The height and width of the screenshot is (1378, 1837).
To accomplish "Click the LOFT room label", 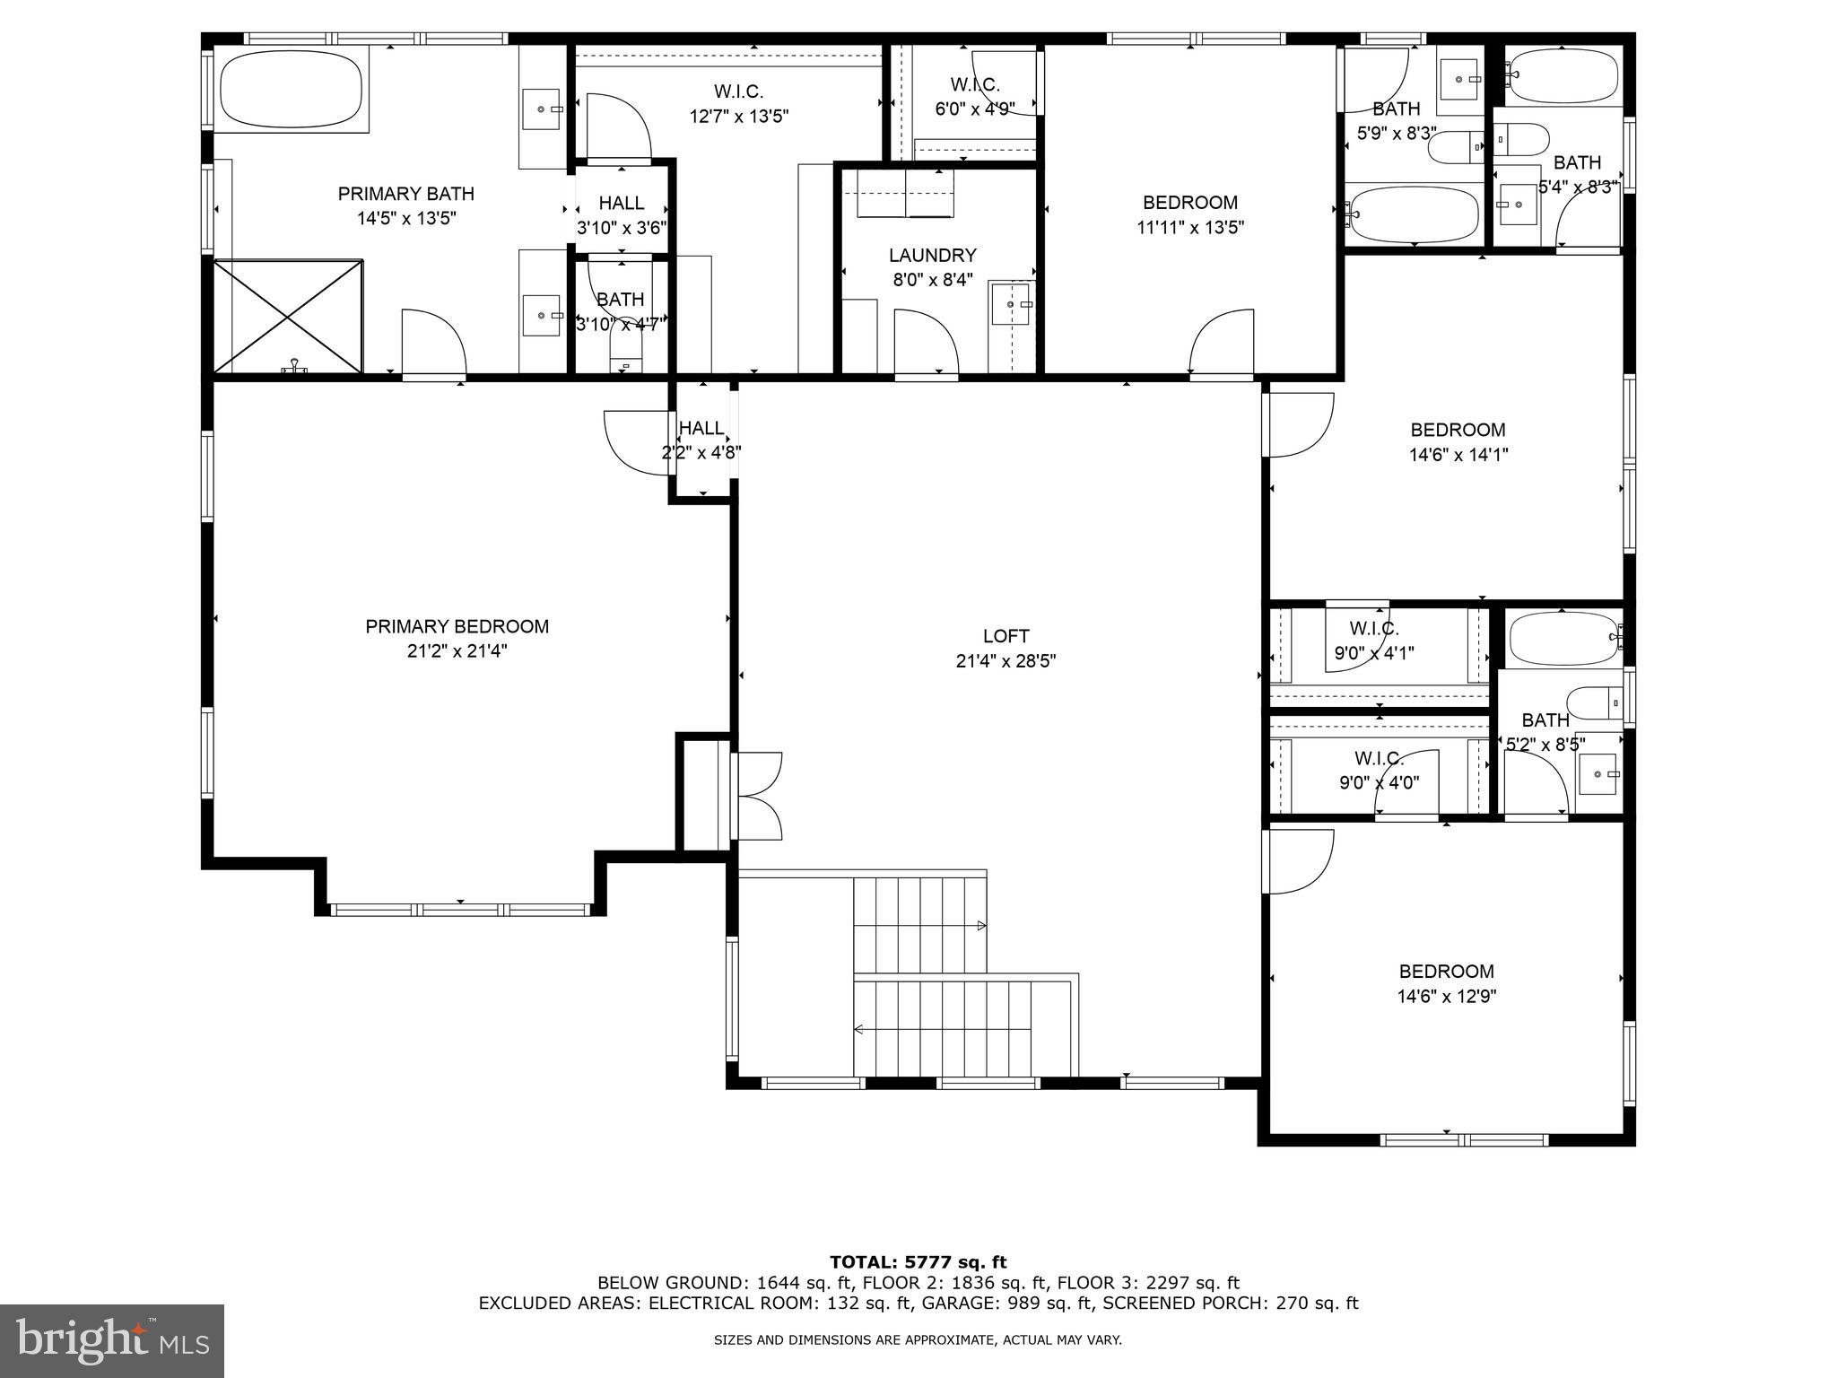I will (x=1006, y=636).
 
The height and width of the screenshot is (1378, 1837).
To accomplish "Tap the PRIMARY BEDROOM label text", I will (x=457, y=626).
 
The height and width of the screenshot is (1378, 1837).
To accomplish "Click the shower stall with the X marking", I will (x=288, y=316).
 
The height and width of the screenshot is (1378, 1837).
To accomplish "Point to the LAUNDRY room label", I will (x=932, y=256).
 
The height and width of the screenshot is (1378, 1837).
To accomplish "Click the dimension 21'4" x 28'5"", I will (x=1006, y=661).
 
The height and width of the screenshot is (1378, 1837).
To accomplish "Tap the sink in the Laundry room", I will (x=1012, y=305).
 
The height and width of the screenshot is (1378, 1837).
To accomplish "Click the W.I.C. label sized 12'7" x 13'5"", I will (x=738, y=92).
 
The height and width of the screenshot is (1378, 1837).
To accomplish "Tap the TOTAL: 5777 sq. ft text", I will (x=918, y=1262).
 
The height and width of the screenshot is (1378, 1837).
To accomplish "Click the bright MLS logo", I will (x=112, y=1340).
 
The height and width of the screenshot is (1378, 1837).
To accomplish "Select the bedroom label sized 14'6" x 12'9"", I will (x=1446, y=971).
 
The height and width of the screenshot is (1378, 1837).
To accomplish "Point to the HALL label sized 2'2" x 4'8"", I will (x=701, y=428).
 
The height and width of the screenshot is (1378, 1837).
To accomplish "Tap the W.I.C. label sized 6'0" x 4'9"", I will (x=974, y=85).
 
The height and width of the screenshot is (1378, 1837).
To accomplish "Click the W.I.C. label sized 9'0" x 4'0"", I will (x=1378, y=758).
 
